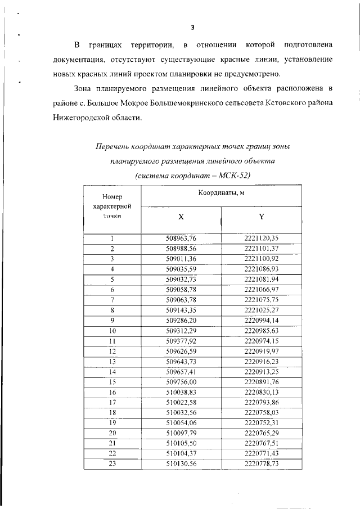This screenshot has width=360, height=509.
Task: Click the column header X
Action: click(181, 217)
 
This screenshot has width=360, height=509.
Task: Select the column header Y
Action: click(262, 217)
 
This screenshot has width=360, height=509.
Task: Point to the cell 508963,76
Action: click(181, 238)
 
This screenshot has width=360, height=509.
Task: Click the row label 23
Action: click(112, 463)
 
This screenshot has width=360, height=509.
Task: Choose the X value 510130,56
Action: click(181, 463)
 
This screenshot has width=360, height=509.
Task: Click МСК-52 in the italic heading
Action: click(233, 175)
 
